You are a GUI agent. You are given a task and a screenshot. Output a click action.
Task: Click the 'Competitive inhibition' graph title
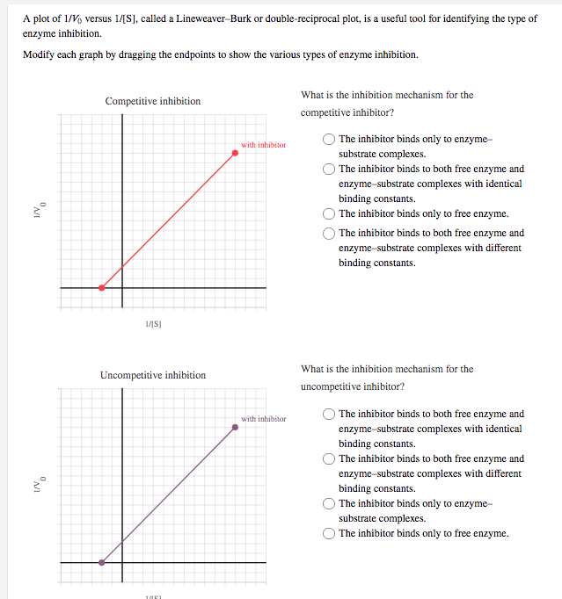point(152,101)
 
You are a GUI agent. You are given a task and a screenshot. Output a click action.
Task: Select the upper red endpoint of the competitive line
point(235,153)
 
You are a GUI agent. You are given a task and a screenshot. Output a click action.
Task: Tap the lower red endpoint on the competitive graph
point(102,287)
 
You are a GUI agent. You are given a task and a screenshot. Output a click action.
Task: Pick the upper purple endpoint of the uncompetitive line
point(235,428)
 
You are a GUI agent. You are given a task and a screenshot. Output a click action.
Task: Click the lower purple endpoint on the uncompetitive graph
point(102,562)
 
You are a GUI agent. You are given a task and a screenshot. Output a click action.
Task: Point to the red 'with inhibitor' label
point(263,144)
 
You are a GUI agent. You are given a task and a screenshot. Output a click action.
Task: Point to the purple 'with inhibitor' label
point(263,419)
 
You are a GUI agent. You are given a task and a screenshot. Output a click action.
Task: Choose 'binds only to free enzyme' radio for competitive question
point(329,213)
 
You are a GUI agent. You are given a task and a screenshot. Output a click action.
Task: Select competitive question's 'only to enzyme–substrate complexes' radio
point(329,139)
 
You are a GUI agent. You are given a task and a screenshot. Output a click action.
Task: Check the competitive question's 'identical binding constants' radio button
point(329,169)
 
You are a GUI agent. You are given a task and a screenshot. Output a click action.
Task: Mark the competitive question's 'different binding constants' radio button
point(329,233)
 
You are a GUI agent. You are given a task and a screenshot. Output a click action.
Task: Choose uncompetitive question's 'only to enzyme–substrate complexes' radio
point(329,503)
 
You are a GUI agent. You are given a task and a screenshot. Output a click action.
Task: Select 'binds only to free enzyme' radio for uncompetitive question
point(329,533)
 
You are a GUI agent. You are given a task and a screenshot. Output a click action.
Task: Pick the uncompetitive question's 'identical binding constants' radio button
point(329,414)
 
